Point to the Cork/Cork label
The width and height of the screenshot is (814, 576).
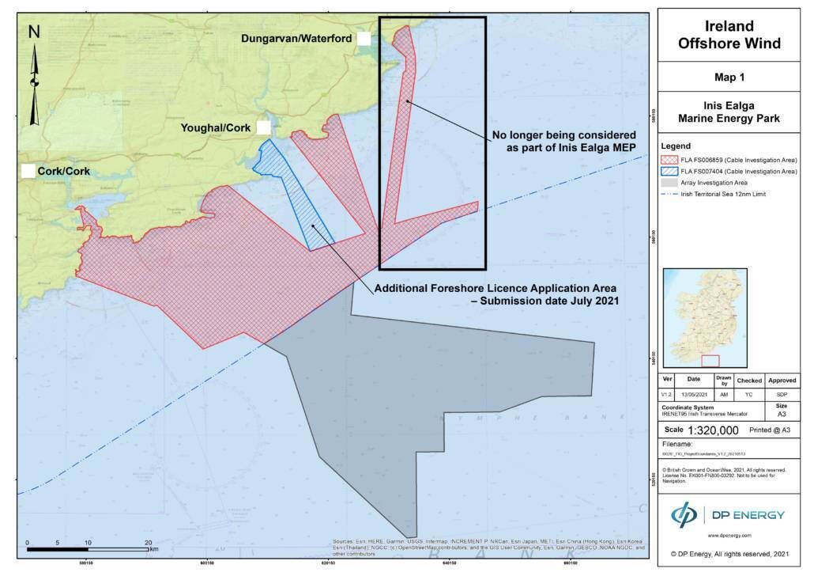(x=64, y=171)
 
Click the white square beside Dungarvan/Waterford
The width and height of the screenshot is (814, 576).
(x=364, y=38)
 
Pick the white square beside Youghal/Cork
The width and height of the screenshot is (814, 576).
(x=263, y=127)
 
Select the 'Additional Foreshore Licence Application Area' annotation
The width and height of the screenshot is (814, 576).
(x=496, y=294)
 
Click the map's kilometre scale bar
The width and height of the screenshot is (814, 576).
(x=88, y=548)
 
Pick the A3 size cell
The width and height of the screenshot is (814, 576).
(x=782, y=413)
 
